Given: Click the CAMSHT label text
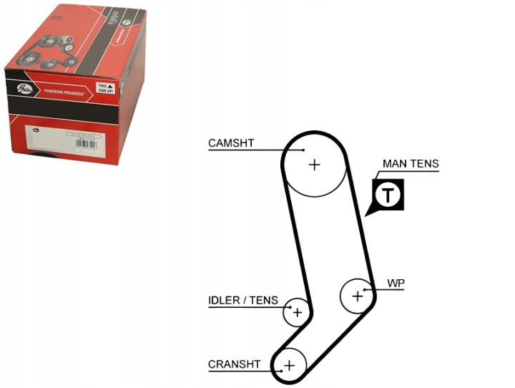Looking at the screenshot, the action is (231, 143).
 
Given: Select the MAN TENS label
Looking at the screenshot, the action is (411, 164).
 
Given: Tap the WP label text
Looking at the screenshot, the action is (396, 283).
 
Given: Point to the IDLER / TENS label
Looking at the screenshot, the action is (243, 301).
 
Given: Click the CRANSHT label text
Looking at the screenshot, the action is (235, 364).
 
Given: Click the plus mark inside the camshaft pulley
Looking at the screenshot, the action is (314, 165).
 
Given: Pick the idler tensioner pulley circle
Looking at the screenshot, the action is (296, 311).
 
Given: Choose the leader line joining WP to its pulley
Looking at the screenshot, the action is (376, 288).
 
